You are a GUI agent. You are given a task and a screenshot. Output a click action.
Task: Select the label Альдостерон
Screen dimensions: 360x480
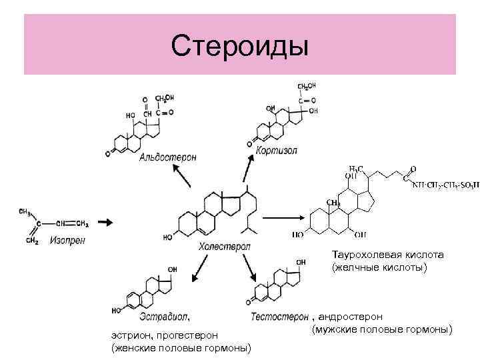168,157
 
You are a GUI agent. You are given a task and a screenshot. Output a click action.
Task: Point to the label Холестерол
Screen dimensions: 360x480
224,247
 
